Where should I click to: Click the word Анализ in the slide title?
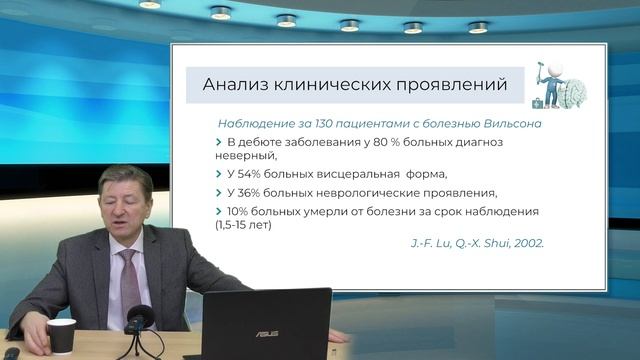point(236,84)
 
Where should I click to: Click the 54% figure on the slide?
point(250,174)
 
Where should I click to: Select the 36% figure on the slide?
point(250,193)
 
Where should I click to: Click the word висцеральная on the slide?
point(355,174)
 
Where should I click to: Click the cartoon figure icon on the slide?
point(556,84)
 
